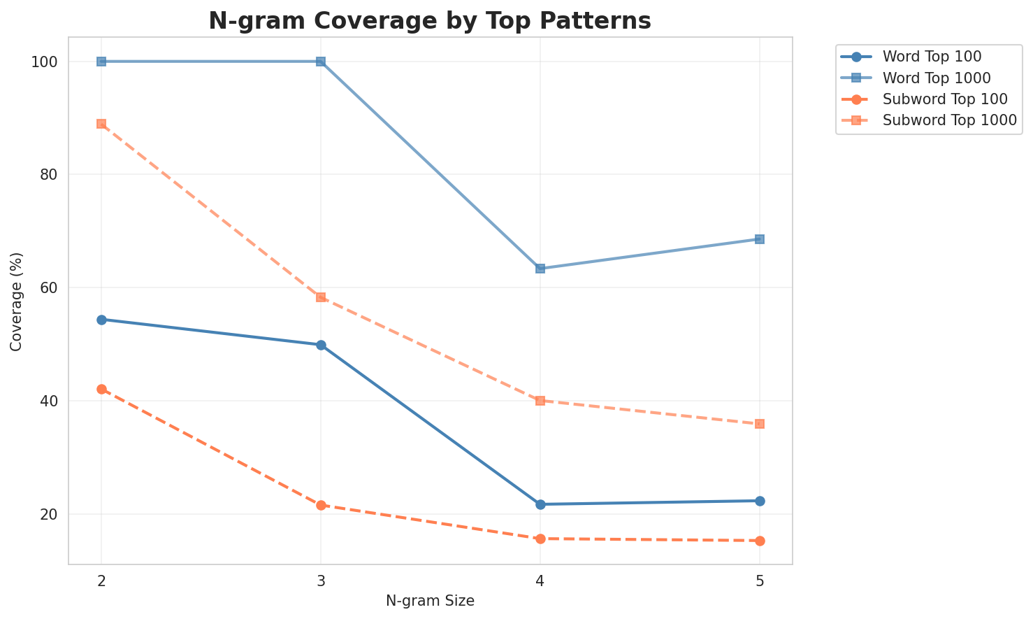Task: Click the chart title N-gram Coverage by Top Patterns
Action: pyautogui.click(x=430, y=21)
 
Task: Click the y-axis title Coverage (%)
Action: pyautogui.click(x=17, y=301)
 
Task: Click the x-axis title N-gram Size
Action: pyautogui.click(x=430, y=601)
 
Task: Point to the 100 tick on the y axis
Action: pyautogui.click(x=45, y=62)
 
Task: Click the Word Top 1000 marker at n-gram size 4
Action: pyautogui.click(x=540, y=269)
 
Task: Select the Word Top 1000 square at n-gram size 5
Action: pyautogui.click(x=760, y=239)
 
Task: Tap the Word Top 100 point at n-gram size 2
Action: pyautogui.click(x=101, y=320)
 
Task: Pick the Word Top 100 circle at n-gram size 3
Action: pyautogui.click(x=321, y=345)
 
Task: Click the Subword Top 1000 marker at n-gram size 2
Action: pyautogui.click(x=101, y=124)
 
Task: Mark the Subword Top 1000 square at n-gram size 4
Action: pyautogui.click(x=540, y=401)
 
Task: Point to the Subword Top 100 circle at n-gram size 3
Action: pyautogui.click(x=321, y=505)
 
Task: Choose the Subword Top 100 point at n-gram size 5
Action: pyautogui.click(x=760, y=541)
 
